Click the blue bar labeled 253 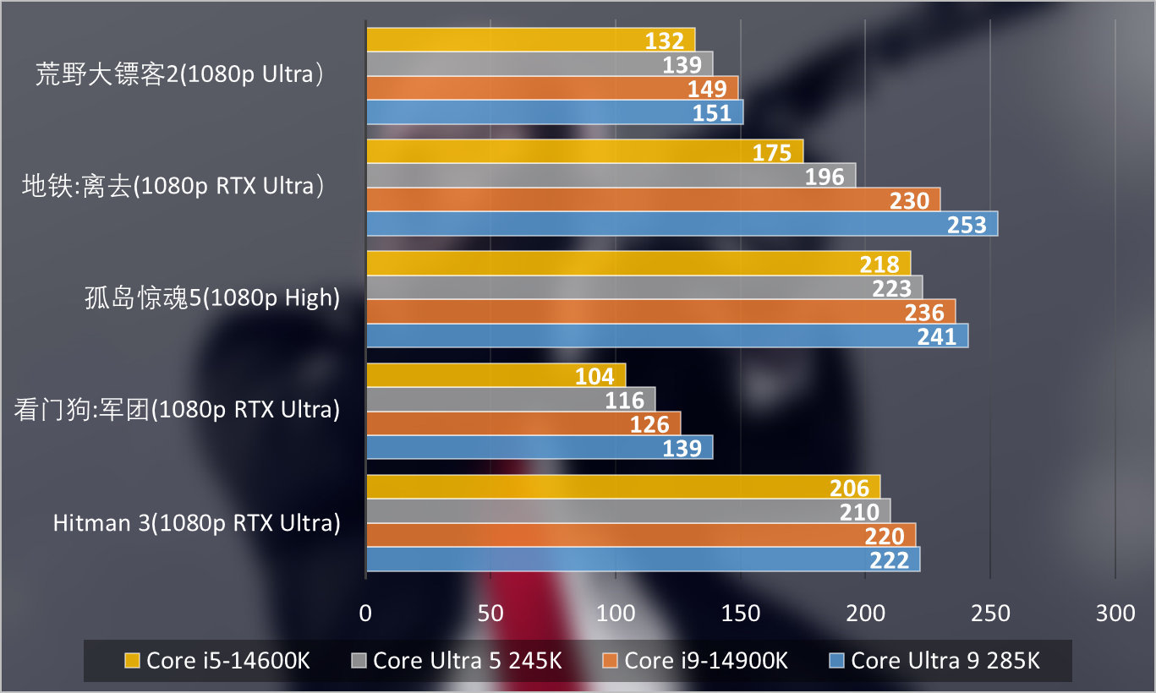(x=681, y=224)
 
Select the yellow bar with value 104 (x=495, y=375)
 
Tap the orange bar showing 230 (x=652, y=200)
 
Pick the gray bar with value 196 (x=610, y=176)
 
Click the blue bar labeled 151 (x=554, y=112)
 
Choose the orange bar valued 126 (x=523, y=423)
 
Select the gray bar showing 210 (x=627, y=510)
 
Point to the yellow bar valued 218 (x=638, y=264)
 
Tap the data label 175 (x=772, y=153)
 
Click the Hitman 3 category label (x=197, y=523)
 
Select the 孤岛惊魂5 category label (x=212, y=298)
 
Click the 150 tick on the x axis (x=740, y=614)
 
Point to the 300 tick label (x=1115, y=614)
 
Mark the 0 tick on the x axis (x=365, y=614)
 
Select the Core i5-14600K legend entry (x=217, y=660)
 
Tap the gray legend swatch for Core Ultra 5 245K (x=359, y=660)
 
